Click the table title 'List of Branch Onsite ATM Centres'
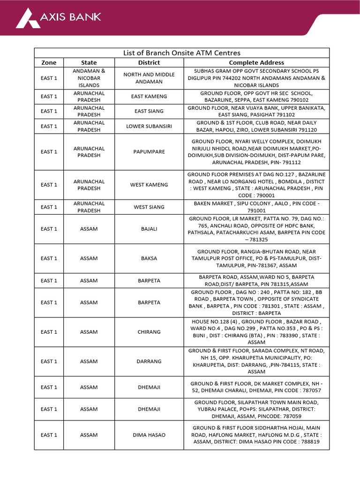(x=181, y=53)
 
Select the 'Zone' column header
(x=49, y=62)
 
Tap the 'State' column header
(x=89, y=62)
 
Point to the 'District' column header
(x=149, y=62)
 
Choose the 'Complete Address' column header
(x=256, y=62)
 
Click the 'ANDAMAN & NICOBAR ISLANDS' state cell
(x=89, y=78)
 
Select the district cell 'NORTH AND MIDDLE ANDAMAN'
(x=149, y=78)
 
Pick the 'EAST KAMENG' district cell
(x=149, y=97)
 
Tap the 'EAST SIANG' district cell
(x=149, y=111)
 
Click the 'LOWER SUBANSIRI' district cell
(x=149, y=126)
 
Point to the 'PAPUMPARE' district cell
(x=149, y=152)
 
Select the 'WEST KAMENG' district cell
(x=149, y=185)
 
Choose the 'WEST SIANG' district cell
(x=149, y=207)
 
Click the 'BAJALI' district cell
(x=149, y=229)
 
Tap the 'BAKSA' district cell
(x=149, y=258)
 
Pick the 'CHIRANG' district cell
(x=149, y=332)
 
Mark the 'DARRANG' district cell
(x=149, y=361)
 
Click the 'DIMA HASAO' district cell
(x=149, y=435)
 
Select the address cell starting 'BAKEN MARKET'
(x=256, y=207)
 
